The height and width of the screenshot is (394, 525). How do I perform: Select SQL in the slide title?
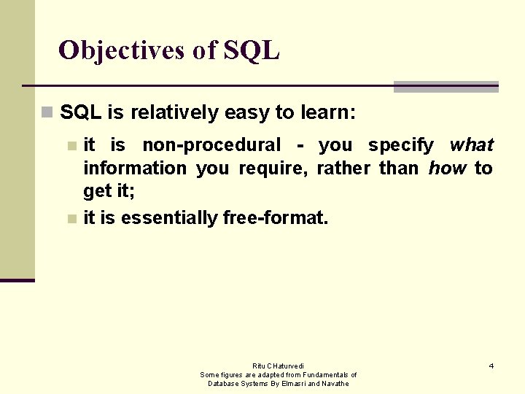coord(252,50)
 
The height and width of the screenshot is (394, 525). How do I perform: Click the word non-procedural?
coord(211,145)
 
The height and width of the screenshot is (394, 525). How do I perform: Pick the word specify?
coord(401,145)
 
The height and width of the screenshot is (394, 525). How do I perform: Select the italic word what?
coord(472,145)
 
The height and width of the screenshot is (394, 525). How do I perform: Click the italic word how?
coord(447,169)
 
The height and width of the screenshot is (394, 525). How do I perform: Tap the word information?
coord(135,169)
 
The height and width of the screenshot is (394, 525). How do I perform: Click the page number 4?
coord(491,366)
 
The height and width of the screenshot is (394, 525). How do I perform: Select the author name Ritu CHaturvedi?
coord(279,366)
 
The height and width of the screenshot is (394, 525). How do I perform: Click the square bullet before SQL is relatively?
coord(47,113)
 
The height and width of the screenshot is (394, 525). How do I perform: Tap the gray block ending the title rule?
coord(446,87)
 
